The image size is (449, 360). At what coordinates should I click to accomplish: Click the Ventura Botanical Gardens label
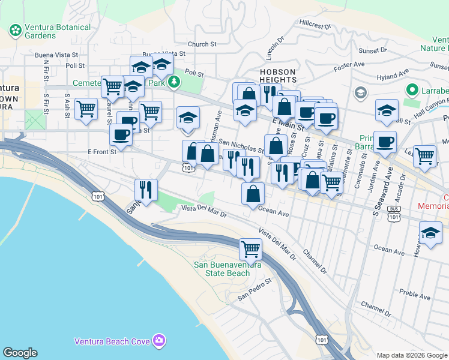pos(57,31)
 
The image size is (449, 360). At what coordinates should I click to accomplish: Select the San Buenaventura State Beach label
pos(221,269)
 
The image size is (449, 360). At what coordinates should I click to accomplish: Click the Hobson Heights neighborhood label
pos(277,76)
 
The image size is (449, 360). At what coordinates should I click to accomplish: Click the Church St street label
pos(202,44)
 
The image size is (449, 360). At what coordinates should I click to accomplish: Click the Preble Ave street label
pos(415,295)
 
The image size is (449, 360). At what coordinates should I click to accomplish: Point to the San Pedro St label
pos(255,289)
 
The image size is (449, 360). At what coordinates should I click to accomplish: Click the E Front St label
pos(101,151)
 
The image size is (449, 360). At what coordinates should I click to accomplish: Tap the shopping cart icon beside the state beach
pos(250,248)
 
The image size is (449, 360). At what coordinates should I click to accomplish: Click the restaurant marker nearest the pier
pos(146,190)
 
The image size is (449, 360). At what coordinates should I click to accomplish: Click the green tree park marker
pos(174,81)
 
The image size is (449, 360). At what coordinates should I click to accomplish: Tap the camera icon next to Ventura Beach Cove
pos(158,341)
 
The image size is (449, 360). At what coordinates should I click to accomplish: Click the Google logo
pos(20,353)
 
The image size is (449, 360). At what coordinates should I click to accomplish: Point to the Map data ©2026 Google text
pos(411,355)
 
